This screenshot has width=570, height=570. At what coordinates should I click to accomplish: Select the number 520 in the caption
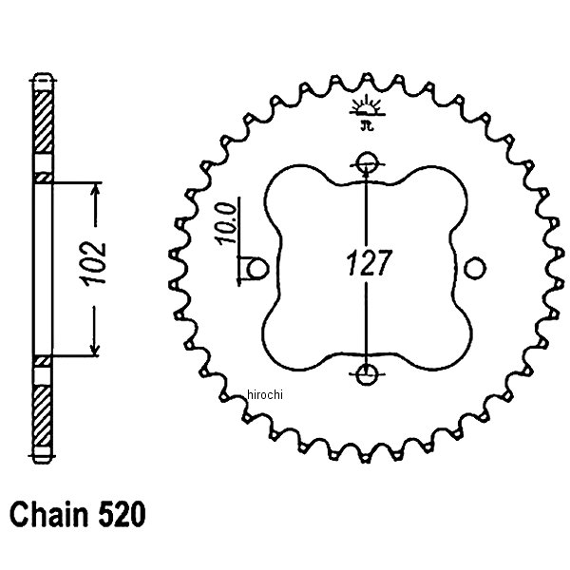(123, 517)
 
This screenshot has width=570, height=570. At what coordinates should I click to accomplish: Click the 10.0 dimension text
(224, 225)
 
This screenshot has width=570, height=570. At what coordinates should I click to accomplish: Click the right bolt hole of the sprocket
(475, 267)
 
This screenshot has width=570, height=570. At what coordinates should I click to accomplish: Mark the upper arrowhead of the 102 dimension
(94, 191)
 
